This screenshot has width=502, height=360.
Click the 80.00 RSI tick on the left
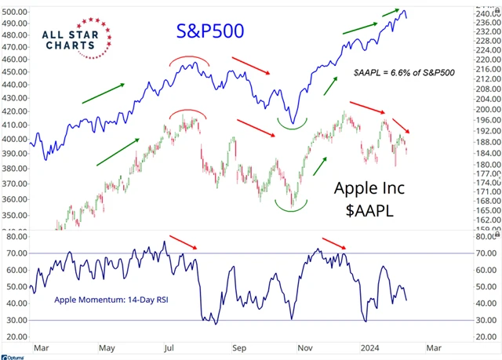click(x=15, y=235)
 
